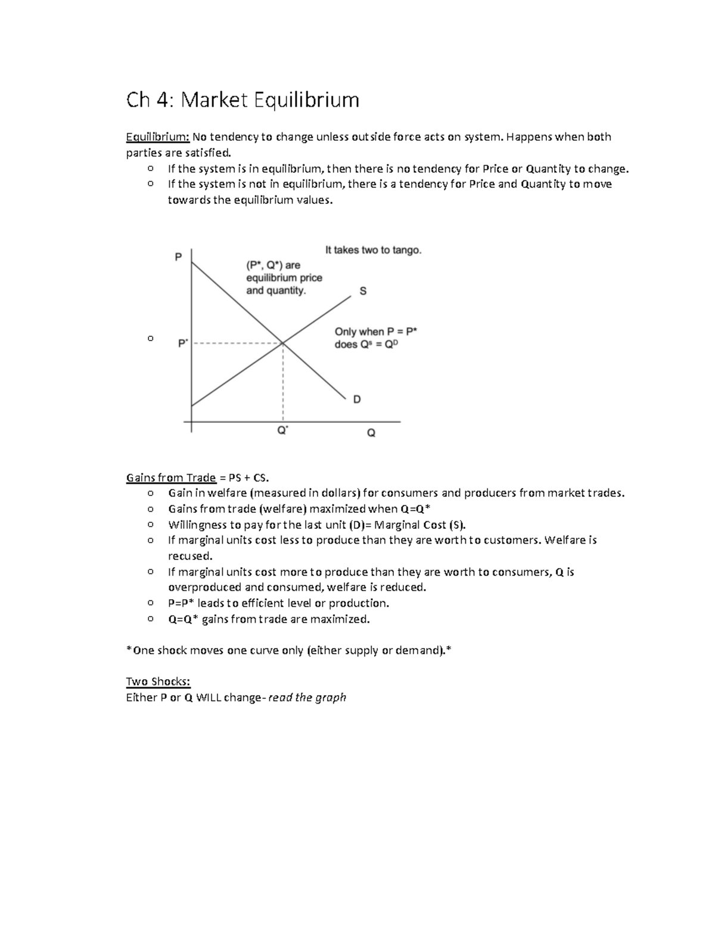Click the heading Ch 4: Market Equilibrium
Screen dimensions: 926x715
click(243, 100)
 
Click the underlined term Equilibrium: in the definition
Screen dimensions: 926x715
click(157, 137)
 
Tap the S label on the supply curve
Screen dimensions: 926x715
click(363, 292)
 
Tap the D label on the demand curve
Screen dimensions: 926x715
click(357, 399)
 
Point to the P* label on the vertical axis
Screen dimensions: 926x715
click(183, 343)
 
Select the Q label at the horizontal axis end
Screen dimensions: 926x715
click(371, 433)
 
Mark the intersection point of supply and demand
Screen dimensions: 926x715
click(282, 343)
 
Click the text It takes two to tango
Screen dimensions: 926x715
click(373, 250)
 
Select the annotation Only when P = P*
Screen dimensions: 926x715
click(375, 332)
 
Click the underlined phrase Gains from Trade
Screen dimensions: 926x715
click(170, 478)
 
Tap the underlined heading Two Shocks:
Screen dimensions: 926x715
click(158, 682)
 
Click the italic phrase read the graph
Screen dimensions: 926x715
click(307, 698)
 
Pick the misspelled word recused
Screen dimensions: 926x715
click(189, 556)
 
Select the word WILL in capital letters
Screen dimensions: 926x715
click(208, 698)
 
